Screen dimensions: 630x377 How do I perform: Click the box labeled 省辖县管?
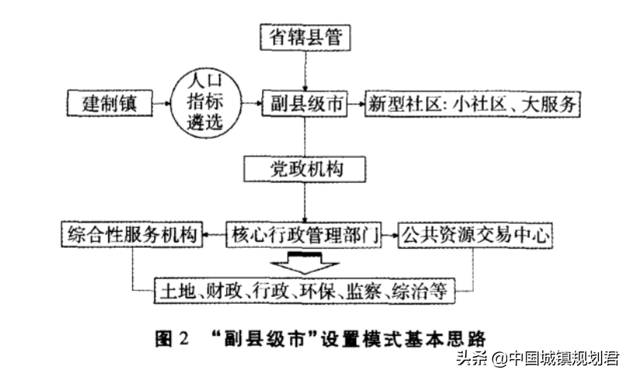click(x=305, y=37)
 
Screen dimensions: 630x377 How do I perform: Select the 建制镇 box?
click(x=110, y=103)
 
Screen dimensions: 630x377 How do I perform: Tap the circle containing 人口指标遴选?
click(x=206, y=103)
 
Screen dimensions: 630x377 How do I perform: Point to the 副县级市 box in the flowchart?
click(x=305, y=103)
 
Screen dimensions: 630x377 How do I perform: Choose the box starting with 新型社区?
click(x=473, y=104)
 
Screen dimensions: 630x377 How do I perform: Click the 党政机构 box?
click(x=305, y=169)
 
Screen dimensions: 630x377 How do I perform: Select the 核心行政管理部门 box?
click(x=304, y=235)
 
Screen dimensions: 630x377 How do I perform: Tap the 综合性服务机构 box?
click(x=131, y=235)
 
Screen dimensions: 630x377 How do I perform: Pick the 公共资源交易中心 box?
click(x=475, y=235)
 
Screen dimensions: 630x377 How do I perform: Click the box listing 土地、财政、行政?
click(x=305, y=291)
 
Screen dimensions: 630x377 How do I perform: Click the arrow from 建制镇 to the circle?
click(x=162, y=103)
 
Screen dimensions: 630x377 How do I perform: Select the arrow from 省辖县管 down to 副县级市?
click(x=305, y=71)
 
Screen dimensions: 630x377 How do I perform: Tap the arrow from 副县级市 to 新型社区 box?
click(x=356, y=104)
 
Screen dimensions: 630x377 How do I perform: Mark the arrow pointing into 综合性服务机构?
click(x=214, y=235)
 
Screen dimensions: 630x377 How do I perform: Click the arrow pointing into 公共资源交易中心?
click(x=390, y=235)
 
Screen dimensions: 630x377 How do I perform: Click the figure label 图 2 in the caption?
click(x=172, y=339)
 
